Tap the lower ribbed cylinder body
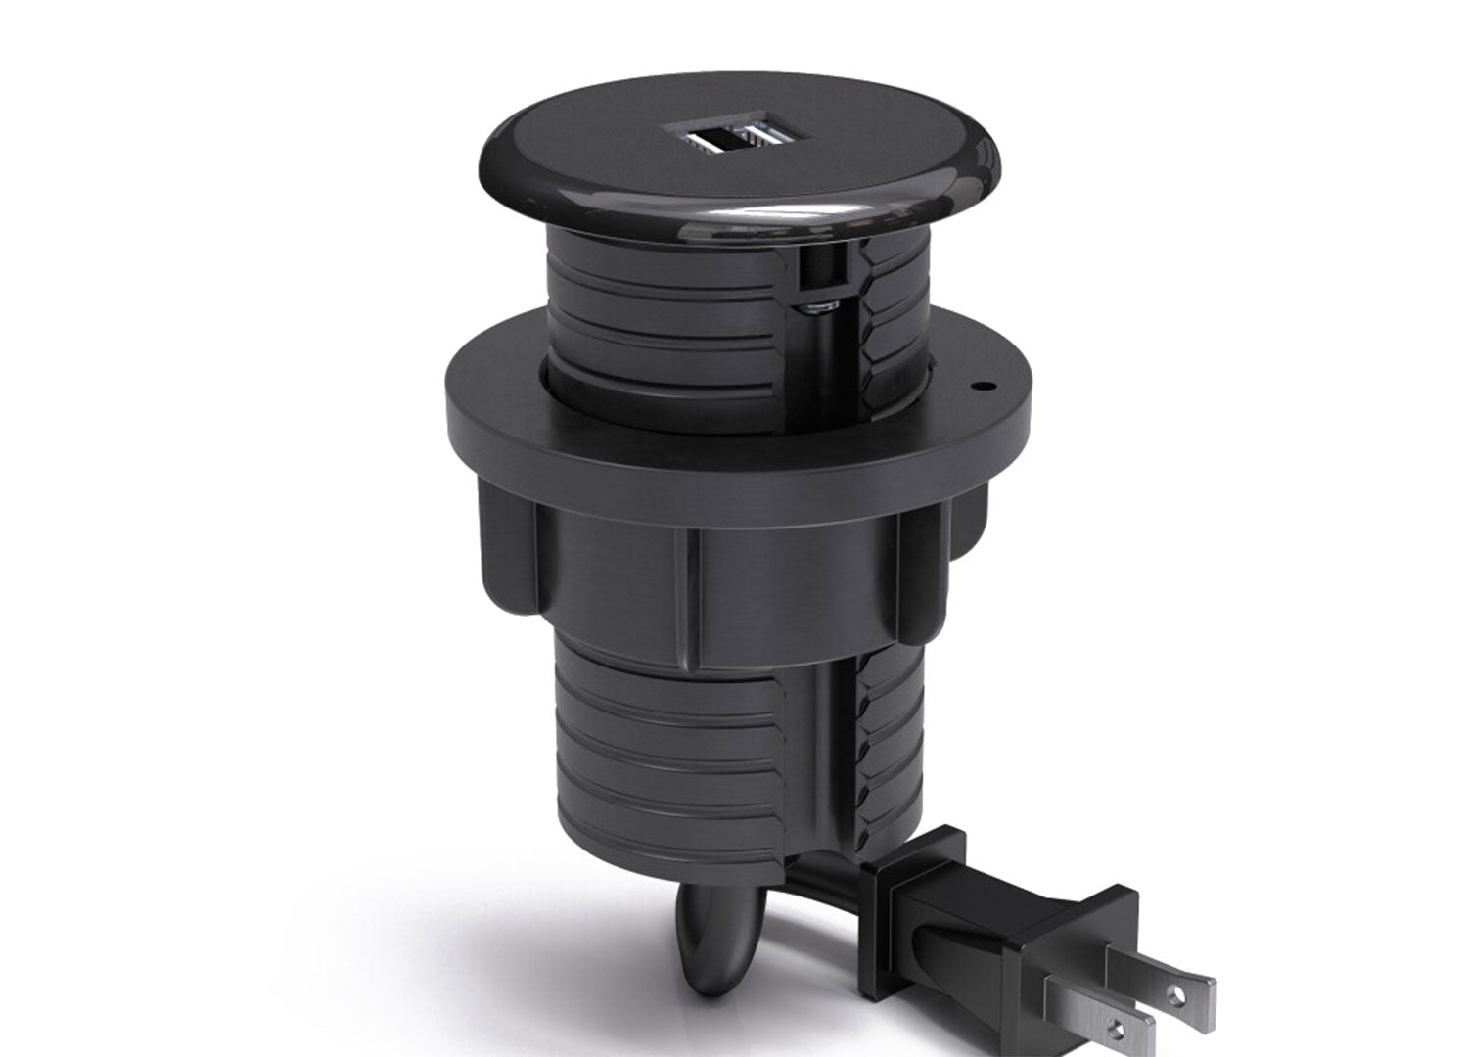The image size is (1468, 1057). tap(675, 744)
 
